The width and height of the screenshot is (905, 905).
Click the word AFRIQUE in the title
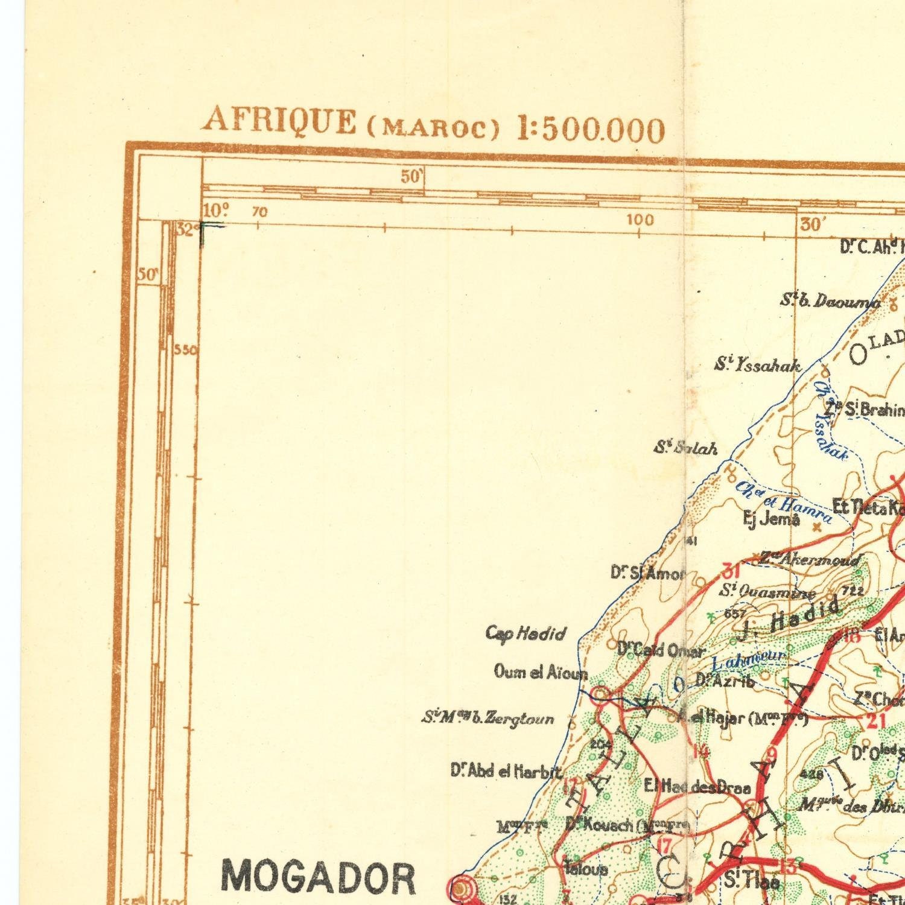coord(279,120)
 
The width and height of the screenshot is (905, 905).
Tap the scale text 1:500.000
coord(591,129)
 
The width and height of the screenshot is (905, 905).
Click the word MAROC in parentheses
coord(433,129)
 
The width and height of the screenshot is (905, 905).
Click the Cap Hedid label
coord(526,634)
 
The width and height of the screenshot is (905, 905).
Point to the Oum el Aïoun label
coord(540,672)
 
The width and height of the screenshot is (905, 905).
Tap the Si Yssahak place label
coord(758,365)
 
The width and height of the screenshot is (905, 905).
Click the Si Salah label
coord(687,448)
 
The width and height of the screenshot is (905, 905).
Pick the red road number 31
coord(731,570)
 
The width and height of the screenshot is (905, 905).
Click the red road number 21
coord(875,721)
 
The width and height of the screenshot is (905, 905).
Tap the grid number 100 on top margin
coord(640,220)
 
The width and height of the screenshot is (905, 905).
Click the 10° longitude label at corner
coord(216,211)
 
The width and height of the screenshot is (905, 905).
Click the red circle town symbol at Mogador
coord(460,888)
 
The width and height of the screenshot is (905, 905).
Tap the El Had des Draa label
coord(697,787)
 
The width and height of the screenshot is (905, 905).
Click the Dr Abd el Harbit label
coord(506,771)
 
